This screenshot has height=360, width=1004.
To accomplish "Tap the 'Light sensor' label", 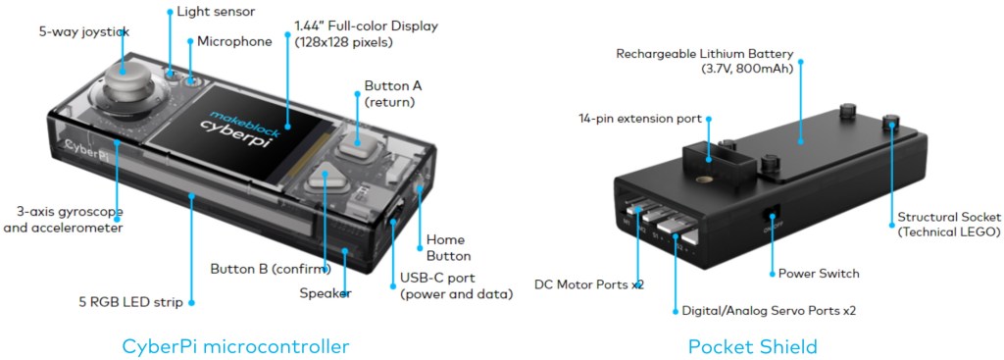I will coord(217,12).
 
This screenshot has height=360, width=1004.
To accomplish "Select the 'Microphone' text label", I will coord(234,41).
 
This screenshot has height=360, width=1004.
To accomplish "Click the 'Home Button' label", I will coord(445,247).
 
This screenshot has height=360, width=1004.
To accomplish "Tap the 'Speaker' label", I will coord(326,292).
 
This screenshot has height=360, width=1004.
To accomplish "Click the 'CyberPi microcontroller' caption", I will coord(235,345).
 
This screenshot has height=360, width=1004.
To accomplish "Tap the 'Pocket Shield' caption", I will coord(752,345).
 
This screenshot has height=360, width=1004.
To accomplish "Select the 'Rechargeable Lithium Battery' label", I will coord(703,61).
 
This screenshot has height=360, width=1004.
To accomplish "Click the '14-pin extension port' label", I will coord(639,119).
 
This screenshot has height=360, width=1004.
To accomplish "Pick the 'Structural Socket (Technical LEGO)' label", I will coord(949,224).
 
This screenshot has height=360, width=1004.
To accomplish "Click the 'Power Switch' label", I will coord(819,273).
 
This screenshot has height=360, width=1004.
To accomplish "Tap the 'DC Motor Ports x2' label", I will coord(589,284).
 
